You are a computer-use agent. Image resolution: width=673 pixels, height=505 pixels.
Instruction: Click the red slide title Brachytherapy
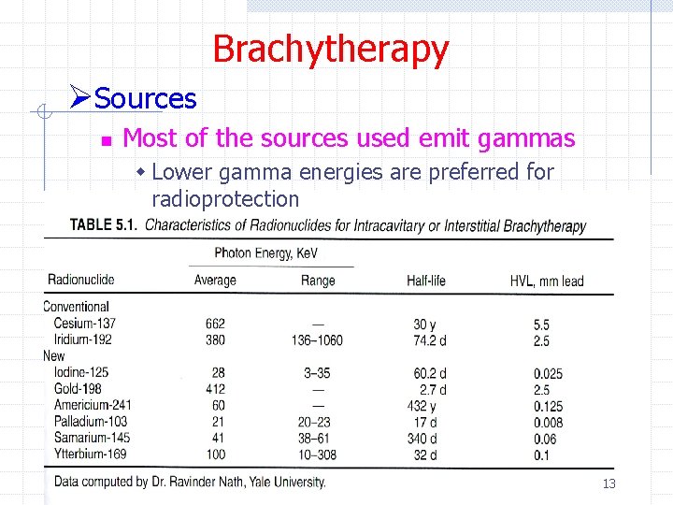[x=330, y=49]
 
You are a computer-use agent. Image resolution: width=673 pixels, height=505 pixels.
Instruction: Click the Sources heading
[x=145, y=98]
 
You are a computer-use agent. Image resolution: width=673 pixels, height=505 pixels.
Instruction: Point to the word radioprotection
[x=224, y=199]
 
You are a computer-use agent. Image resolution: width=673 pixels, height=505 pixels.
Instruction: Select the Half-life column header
[x=427, y=281]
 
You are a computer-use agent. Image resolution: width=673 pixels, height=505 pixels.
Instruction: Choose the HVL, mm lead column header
[x=547, y=281]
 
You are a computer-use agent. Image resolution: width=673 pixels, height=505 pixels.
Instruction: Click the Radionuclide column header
[x=81, y=280]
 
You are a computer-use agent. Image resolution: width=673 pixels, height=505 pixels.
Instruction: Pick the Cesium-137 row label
[x=85, y=324]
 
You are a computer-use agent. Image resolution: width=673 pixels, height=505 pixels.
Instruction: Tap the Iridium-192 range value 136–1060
[x=317, y=340]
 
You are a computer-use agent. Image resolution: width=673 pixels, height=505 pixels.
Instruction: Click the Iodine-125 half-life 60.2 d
[x=430, y=373]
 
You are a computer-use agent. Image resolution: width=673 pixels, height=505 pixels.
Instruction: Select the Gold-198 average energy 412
[x=215, y=389]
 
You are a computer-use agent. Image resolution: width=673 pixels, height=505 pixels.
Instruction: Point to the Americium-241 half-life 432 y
[x=422, y=406]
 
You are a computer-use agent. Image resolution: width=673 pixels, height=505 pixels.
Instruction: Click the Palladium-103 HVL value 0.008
[x=548, y=423]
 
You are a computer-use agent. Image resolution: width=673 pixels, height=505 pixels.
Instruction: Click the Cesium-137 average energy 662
[x=215, y=325]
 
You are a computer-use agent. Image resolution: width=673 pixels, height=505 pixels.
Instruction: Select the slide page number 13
[x=609, y=483]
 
